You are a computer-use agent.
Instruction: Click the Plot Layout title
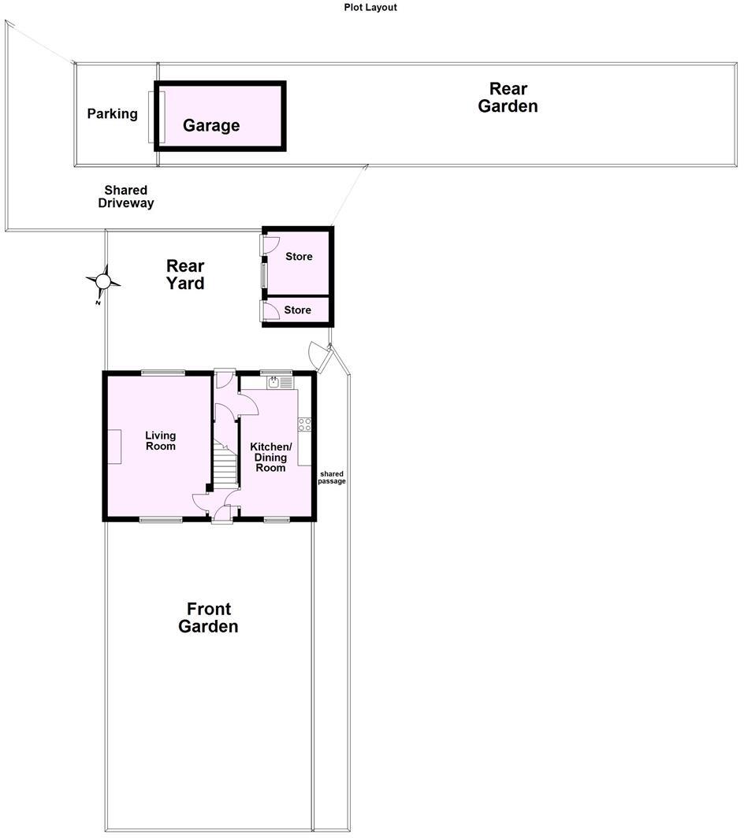click(370, 7)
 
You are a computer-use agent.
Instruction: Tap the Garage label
click(211, 125)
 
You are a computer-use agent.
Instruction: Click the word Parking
click(112, 114)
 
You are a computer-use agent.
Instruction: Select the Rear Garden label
click(508, 98)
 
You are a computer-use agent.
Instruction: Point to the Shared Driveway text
click(125, 197)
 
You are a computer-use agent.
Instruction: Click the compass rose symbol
click(103, 280)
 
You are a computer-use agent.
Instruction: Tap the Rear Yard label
click(185, 275)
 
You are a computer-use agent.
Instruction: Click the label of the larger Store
click(299, 257)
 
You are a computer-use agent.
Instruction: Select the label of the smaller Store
click(297, 310)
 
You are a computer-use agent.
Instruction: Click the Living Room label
click(160, 441)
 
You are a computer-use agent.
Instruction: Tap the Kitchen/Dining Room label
click(270, 457)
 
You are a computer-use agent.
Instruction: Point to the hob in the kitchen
click(304, 425)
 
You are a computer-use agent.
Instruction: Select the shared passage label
click(332, 477)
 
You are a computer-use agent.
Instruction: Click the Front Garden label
click(208, 617)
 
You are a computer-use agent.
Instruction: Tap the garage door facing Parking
click(152, 117)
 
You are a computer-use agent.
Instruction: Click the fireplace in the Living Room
click(114, 447)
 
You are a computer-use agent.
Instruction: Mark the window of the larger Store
click(264, 275)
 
